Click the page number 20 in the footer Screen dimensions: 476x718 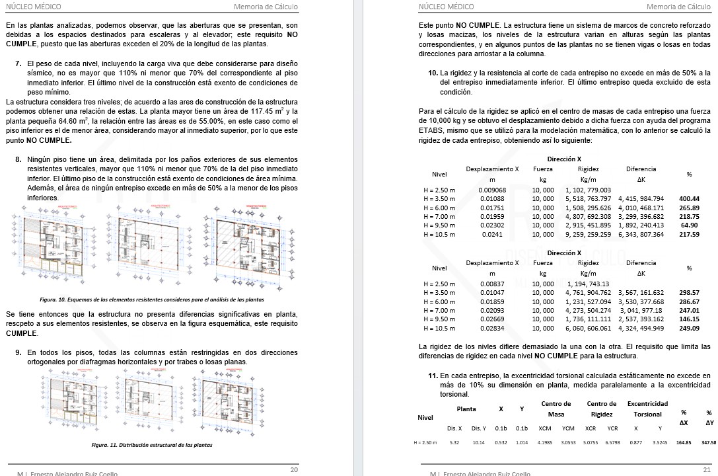(x=294, y=469)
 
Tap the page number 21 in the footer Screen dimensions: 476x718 (x=706, y=469)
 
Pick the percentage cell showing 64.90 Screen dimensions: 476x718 (x=689, y=225)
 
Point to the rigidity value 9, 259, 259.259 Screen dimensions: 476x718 (x=588, y=234)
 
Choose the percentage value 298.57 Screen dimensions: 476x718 (x=689, y=292)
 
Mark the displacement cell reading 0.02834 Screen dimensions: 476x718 (x=492, y=328)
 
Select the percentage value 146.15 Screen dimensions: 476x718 (x=689, y=319)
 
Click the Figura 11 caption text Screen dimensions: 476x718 (x=151, y=445)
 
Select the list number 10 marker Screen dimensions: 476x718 (x=433, y=73)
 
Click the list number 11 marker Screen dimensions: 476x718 (x=433, y=376)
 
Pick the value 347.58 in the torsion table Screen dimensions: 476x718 (x=709, y=443)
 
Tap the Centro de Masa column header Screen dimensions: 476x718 (x=556, y=409)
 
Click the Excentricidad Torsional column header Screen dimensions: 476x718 (x=647, y=409)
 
